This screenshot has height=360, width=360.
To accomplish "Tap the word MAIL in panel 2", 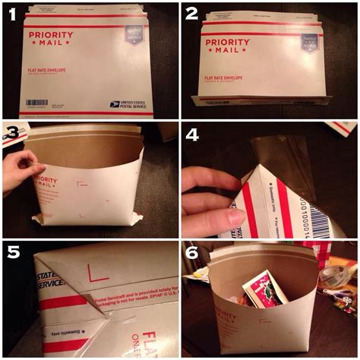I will (x=238, y=49).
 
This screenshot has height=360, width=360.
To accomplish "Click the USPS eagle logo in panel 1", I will (x=115, y=104).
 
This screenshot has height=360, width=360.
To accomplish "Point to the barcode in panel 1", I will (x=37, y=103).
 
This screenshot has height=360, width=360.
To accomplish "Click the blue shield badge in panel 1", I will (x=134, y=33).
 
